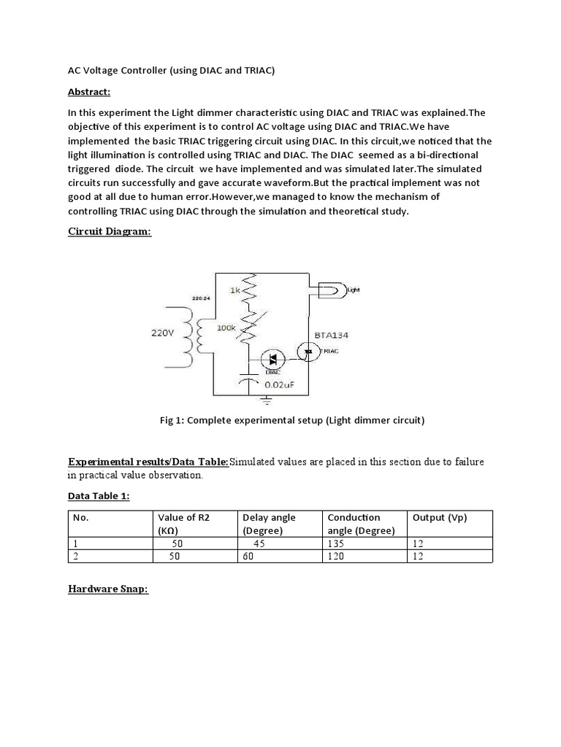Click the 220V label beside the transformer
(x=164, y=332)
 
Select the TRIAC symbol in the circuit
(x=309, y=351)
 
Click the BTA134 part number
(x=331, y=335)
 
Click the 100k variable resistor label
(x=226, y=328)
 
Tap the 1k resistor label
(x=235, y=290)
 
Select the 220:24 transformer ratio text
(x=202, y=299)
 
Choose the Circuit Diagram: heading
(x=110, y=231)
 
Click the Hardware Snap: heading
(x=108, y=589)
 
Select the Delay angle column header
(x=269, y=517)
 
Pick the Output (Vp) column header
(x=440, y=517)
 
